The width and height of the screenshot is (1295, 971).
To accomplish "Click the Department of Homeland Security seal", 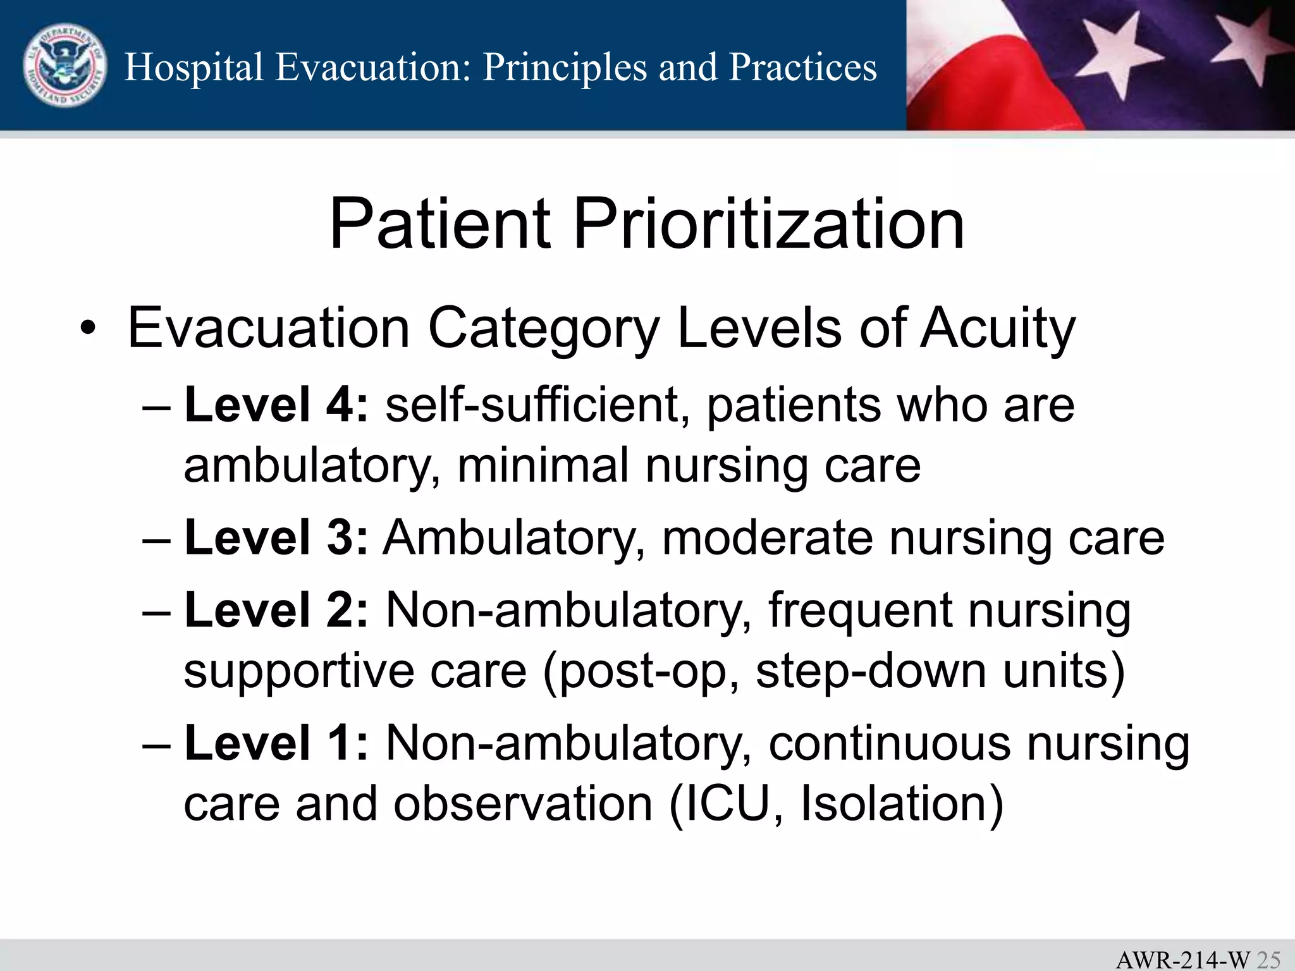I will click(65, 66).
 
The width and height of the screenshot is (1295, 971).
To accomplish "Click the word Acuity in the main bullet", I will click(997, 329).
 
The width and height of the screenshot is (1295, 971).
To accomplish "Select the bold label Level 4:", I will click(276, 405).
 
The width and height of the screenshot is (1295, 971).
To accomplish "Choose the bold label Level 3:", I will click(276, 538).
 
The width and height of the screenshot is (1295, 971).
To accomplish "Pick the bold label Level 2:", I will click(276, 611).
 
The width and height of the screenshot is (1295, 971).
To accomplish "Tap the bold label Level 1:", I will click(276, 743).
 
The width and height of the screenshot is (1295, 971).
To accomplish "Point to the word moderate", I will click(768, 538).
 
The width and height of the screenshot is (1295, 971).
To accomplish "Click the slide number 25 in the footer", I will click(1268, 960).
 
